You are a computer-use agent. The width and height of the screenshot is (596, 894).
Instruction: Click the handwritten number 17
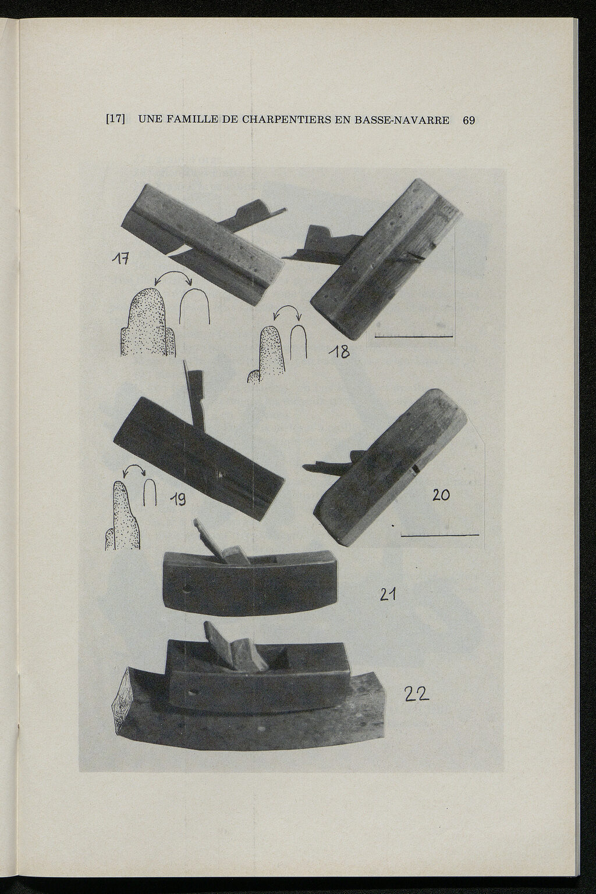point(120,259)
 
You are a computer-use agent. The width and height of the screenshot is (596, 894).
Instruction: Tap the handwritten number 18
point(339,351)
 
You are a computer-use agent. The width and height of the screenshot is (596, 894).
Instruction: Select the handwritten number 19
point(177,499)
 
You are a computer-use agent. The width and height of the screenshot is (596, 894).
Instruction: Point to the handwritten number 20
point(441,495)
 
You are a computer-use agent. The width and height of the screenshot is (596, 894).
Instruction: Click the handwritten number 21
point(388,595)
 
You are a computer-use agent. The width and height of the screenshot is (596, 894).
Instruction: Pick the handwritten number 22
point(417,694)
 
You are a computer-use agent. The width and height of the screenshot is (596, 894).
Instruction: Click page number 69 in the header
point(469,120)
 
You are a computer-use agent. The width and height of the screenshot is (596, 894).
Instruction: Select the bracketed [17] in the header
point(115,119)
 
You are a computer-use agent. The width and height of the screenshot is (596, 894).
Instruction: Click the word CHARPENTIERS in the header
point(285,120)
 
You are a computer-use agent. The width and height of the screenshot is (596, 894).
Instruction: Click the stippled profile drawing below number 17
point(148,323)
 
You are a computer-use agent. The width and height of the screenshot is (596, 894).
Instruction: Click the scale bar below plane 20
point(439,535)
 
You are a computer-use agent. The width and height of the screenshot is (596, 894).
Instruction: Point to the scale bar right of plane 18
point(414,337)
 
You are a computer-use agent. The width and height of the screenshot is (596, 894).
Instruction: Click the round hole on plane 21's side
point(186,589)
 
